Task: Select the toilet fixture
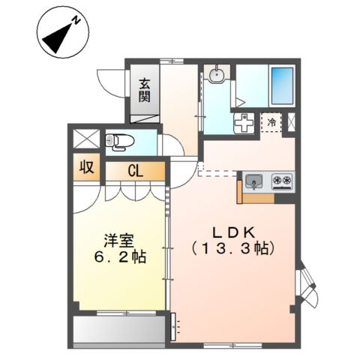118,139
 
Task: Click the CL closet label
135,171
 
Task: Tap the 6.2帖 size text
120,257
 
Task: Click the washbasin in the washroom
216,74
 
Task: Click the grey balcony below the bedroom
120,328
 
